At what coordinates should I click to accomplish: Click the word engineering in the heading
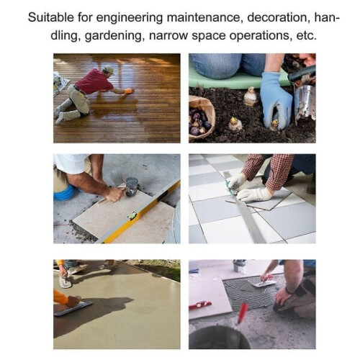point(130,18)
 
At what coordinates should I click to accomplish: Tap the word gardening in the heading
point(114,36)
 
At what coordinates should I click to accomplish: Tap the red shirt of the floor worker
point(94,81)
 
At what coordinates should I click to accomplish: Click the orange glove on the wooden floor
point(128,91)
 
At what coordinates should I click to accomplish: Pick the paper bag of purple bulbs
point(201,117)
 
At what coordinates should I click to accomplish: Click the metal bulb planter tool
point(305,102)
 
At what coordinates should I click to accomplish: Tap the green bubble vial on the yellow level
point(132,217)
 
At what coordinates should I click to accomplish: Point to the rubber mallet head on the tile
point(132,186)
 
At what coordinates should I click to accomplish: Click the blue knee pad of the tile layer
point(63,193)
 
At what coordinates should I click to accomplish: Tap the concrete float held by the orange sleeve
point(73,308)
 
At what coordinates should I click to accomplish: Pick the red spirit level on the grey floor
point(200,305)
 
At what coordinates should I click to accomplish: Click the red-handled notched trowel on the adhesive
point(266,281)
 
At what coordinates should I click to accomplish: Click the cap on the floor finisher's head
point(109,69)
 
